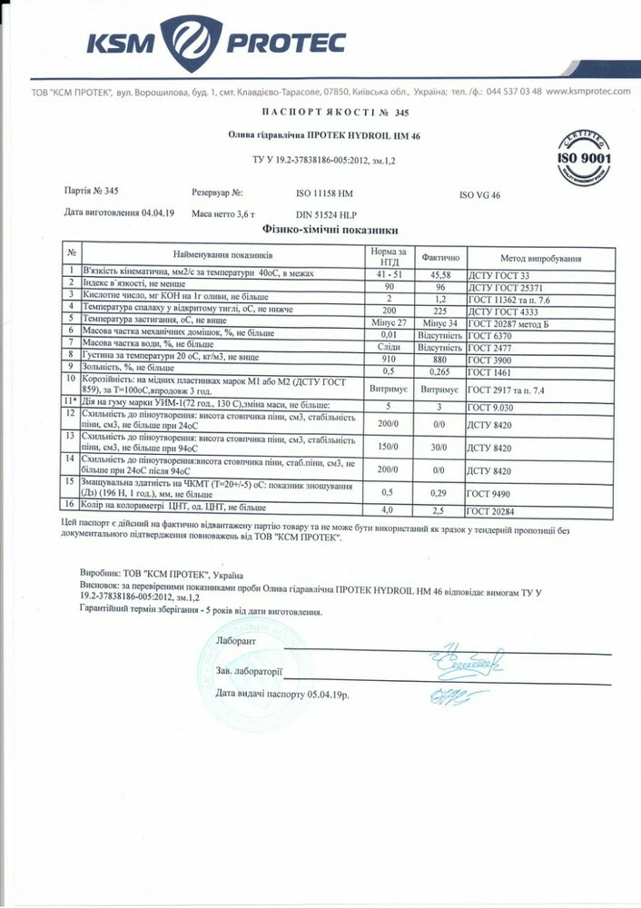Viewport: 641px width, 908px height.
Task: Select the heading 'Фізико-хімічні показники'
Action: (330, 231)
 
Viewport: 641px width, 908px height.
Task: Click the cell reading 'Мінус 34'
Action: (439, 321)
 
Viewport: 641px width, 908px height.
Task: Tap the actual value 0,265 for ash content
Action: (439, 370)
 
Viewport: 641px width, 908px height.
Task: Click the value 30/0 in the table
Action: (439, 448)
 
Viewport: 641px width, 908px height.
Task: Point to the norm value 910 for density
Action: (390, 358)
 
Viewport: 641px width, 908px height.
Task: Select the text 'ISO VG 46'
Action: (486, 194)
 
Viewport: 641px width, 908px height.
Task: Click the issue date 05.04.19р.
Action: (323, 693)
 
